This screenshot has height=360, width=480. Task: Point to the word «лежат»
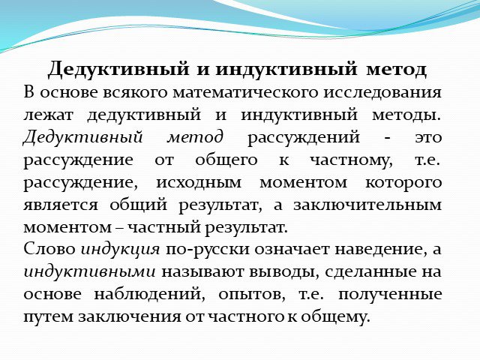pyautogui.click(x=48, y=115)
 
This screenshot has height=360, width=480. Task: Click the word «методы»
pyautogui.click(x=406, y=115)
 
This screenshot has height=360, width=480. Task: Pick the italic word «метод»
pyautogui.click(x=195, y=137)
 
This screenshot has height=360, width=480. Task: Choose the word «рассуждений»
pyautogui.click(x=303, y=138)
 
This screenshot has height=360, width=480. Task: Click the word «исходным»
pyautogui.click(x=199, y=182)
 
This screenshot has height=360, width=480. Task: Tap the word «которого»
pyautogui.click(x=403, y=183)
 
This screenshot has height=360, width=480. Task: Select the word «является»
pyautogui.click(x=61, y=205)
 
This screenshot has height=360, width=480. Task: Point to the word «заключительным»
pyautogui.click(x=367, y=205)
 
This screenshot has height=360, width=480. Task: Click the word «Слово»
pyautogui.click(x=49, y=249)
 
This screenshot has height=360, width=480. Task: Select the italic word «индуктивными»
pyautogui.click(x=89, y=271)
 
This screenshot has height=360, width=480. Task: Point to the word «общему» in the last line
pyautogui.click(x=335, y=316)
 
